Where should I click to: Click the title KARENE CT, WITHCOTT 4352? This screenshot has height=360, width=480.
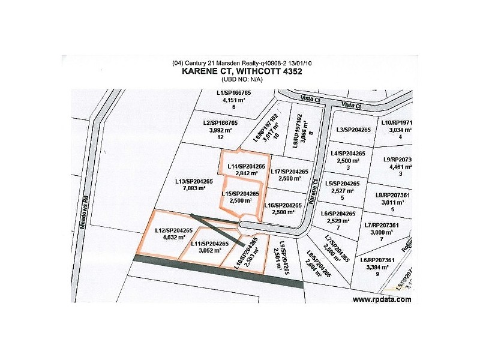[x=241, y=71]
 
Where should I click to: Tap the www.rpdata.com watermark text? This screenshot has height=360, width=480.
[x=382, y=299]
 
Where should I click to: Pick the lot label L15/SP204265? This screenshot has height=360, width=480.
[x=240, y=193]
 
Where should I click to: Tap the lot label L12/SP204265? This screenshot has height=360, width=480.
[x=173, y=230]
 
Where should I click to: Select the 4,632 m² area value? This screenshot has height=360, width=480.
[x=173, y=238]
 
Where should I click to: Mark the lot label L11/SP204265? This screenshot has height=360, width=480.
[x=209, y=244]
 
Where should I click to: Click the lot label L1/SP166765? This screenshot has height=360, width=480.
[x=234, y=94]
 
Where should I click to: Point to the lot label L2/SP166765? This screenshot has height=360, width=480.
[x=220, y=122]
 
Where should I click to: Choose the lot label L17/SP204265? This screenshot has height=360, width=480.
[x=289, y=172]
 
